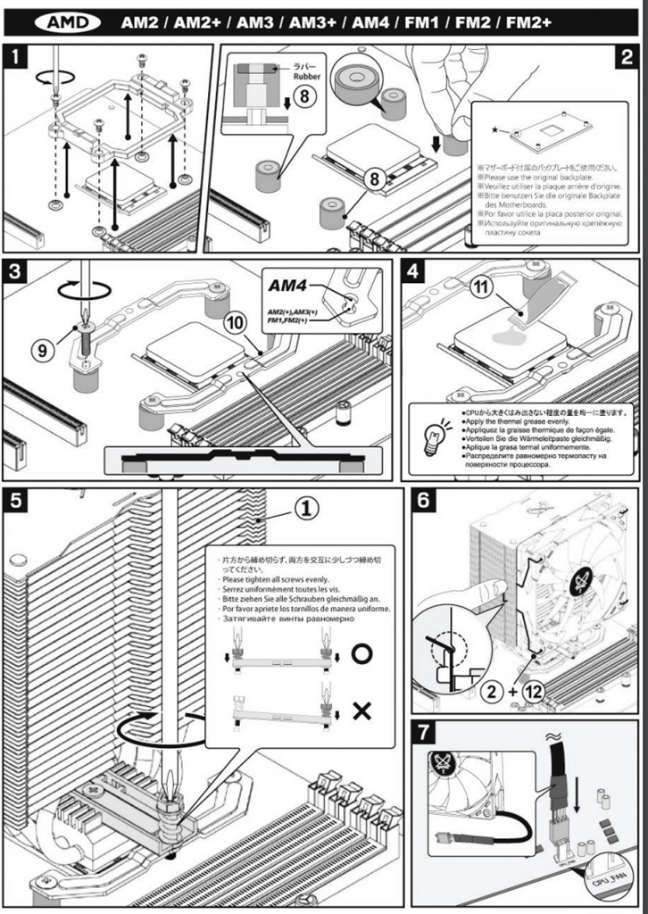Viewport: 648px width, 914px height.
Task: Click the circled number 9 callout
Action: [x=42, y=351]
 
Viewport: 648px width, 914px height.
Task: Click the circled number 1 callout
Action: [x=305, y=508]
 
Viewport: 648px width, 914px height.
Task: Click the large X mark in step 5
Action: [x=361, y=710]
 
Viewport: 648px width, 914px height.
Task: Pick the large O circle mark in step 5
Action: [x=361, y=653]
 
